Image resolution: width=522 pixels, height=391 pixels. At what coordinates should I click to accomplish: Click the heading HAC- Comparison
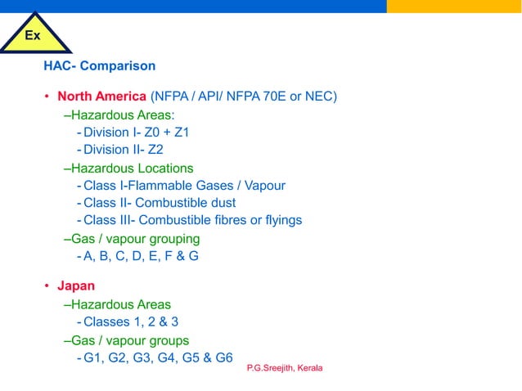coord(99,65)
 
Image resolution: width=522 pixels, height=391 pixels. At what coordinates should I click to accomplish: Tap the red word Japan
coord(75,286)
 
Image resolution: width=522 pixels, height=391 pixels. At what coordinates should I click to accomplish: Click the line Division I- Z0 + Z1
coord(136,133)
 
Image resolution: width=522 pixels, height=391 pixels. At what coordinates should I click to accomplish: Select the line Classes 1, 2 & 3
coord(131,322)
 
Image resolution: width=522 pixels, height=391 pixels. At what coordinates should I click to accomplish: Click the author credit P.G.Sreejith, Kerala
coord(285,368)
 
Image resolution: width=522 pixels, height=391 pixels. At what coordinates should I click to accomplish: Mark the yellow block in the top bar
coord(454,7)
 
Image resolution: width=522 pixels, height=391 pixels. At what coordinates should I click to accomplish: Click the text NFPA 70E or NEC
coord(290,97)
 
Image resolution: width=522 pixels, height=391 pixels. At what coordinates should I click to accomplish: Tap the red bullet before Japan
coord(47,286)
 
